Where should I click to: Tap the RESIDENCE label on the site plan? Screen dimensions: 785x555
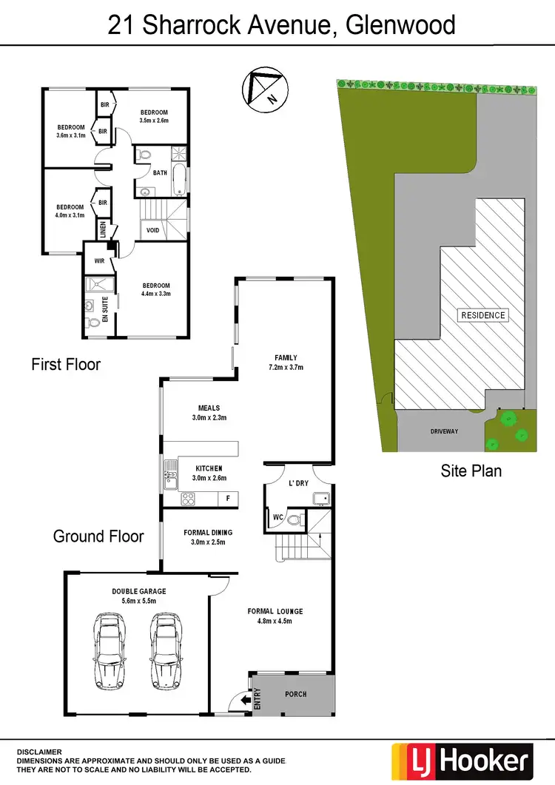click(483, 315)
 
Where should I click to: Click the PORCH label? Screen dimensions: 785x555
click(295, 694)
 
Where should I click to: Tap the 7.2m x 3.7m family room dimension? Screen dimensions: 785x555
click(286, 367)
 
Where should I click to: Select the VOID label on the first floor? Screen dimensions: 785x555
click(152, 230)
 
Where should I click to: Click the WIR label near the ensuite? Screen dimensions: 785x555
click(98, 261)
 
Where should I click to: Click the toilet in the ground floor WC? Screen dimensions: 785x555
click(295, 520)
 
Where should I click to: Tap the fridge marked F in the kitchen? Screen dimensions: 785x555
click(228, 499)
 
